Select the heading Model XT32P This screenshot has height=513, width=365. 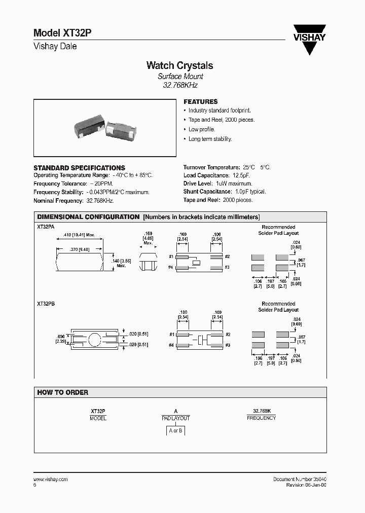pos(62,33)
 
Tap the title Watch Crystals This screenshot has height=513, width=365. pos(179,65)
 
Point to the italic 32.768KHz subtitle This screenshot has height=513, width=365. pos(180,85)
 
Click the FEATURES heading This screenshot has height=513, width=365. pos(200,101)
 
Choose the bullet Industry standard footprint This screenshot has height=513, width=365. pos(220,111)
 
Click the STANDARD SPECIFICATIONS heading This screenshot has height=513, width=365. pos(79,168)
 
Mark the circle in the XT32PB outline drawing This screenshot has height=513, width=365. pos(96,339)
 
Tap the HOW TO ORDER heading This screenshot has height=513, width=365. pos(62,392)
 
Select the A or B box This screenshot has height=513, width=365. pos(175,431)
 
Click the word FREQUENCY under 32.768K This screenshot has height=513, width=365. pos(261,418)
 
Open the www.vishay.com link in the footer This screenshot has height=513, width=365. pos(50,479)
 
